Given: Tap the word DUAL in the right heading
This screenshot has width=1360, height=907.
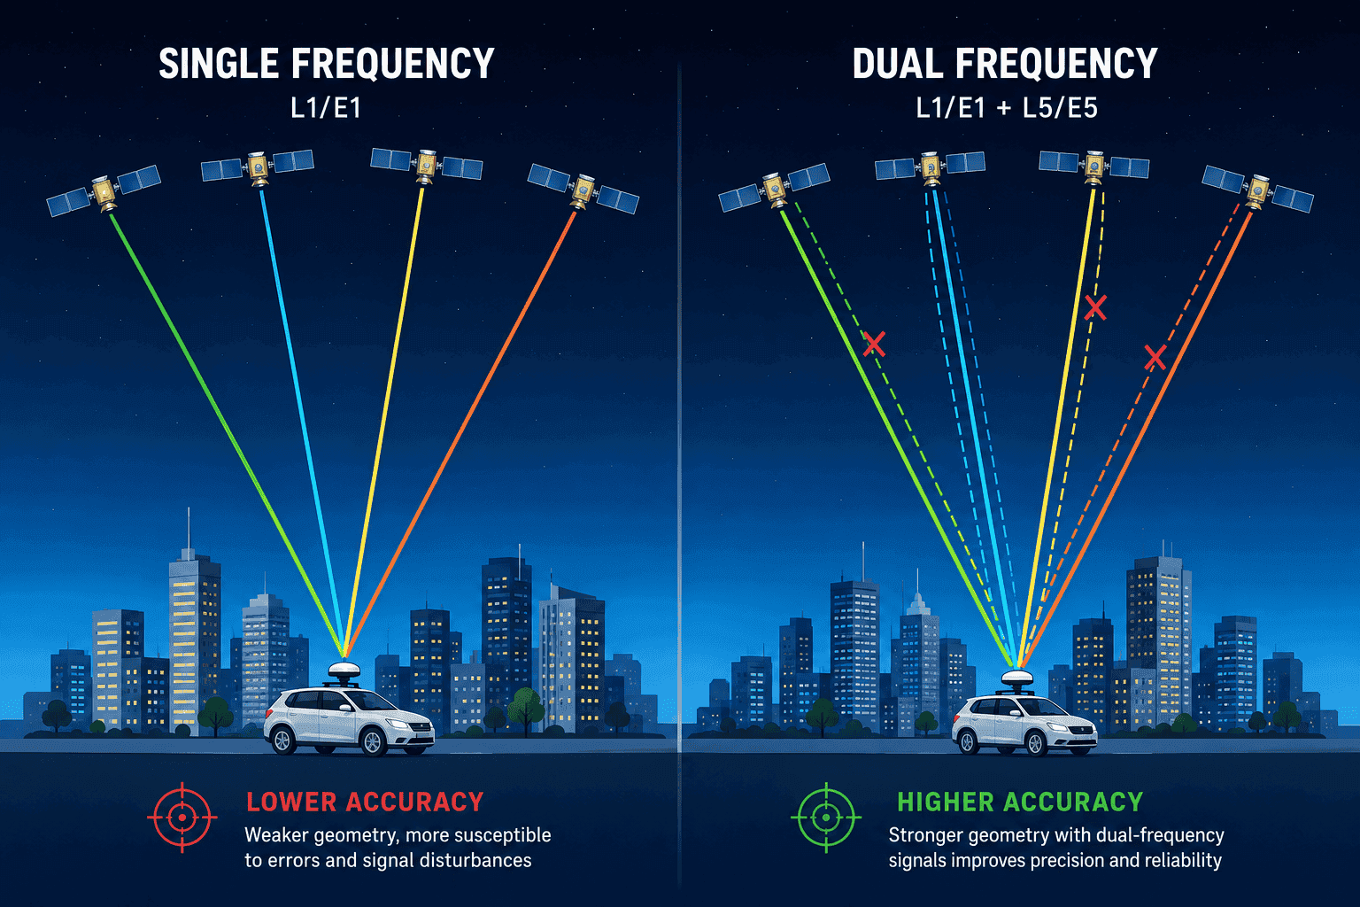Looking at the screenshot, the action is point(898,64).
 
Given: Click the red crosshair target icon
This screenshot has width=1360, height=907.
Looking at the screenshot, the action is point(182,818).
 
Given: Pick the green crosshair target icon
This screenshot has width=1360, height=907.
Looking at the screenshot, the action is point(826,818).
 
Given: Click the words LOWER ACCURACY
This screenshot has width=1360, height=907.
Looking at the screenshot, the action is point(365,802).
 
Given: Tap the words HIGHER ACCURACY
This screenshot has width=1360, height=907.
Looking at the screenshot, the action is point(1020,802).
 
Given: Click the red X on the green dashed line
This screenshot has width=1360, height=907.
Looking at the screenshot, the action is point(874,344).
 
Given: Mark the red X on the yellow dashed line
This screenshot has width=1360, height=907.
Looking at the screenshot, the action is point(1095,307).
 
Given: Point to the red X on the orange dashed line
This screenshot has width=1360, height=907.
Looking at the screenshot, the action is point(1155,357).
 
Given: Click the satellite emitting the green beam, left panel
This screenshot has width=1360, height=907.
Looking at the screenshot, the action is point(104,191).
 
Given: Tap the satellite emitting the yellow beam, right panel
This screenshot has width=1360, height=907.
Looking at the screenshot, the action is point(1094,166).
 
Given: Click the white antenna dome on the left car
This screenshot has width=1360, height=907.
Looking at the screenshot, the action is point(344,671).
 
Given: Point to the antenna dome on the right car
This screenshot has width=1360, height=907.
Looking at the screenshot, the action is point(1017,678).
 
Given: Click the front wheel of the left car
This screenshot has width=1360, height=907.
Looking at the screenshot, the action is point(372,741).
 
